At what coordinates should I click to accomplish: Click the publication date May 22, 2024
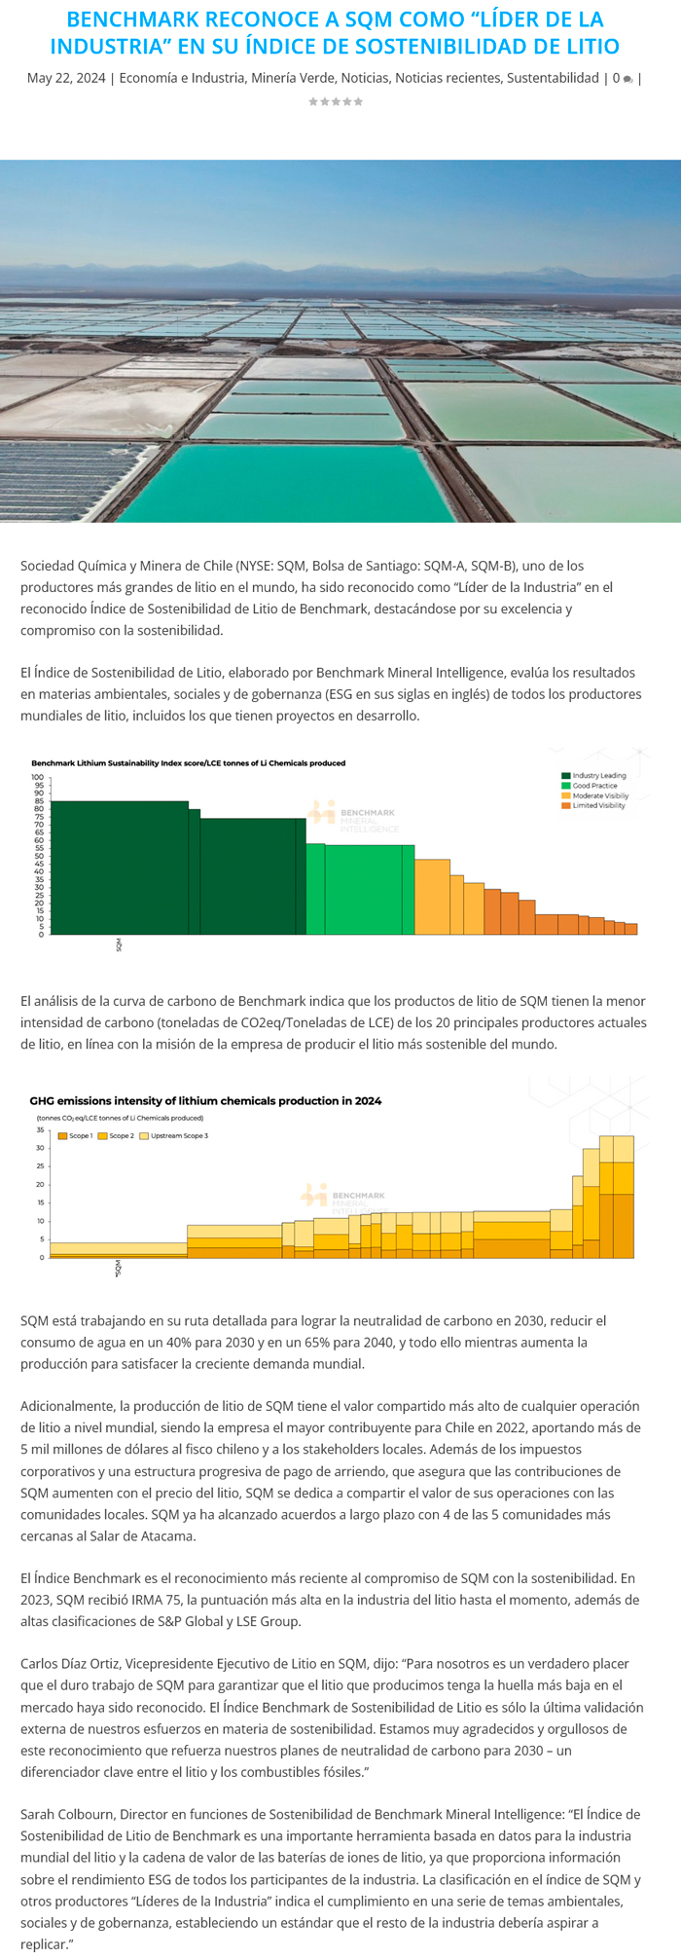coord(66,78)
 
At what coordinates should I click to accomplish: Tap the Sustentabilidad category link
coord(553,78)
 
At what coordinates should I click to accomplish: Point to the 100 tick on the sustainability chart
coord(38,777)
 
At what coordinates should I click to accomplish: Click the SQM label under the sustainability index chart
coord(119,945)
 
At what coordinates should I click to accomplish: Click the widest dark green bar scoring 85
coord(119,867)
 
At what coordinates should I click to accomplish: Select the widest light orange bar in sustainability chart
coord(432,896)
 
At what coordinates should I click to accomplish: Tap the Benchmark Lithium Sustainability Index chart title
coord(188,763)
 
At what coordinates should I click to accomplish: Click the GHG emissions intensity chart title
coord(205,1101)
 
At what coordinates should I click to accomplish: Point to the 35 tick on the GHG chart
coord(41,1130)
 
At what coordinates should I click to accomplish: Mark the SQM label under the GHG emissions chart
coord(119,1268)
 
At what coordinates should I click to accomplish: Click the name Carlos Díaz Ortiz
coord(81,1664)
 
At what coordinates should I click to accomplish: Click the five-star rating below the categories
coord(336,101)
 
